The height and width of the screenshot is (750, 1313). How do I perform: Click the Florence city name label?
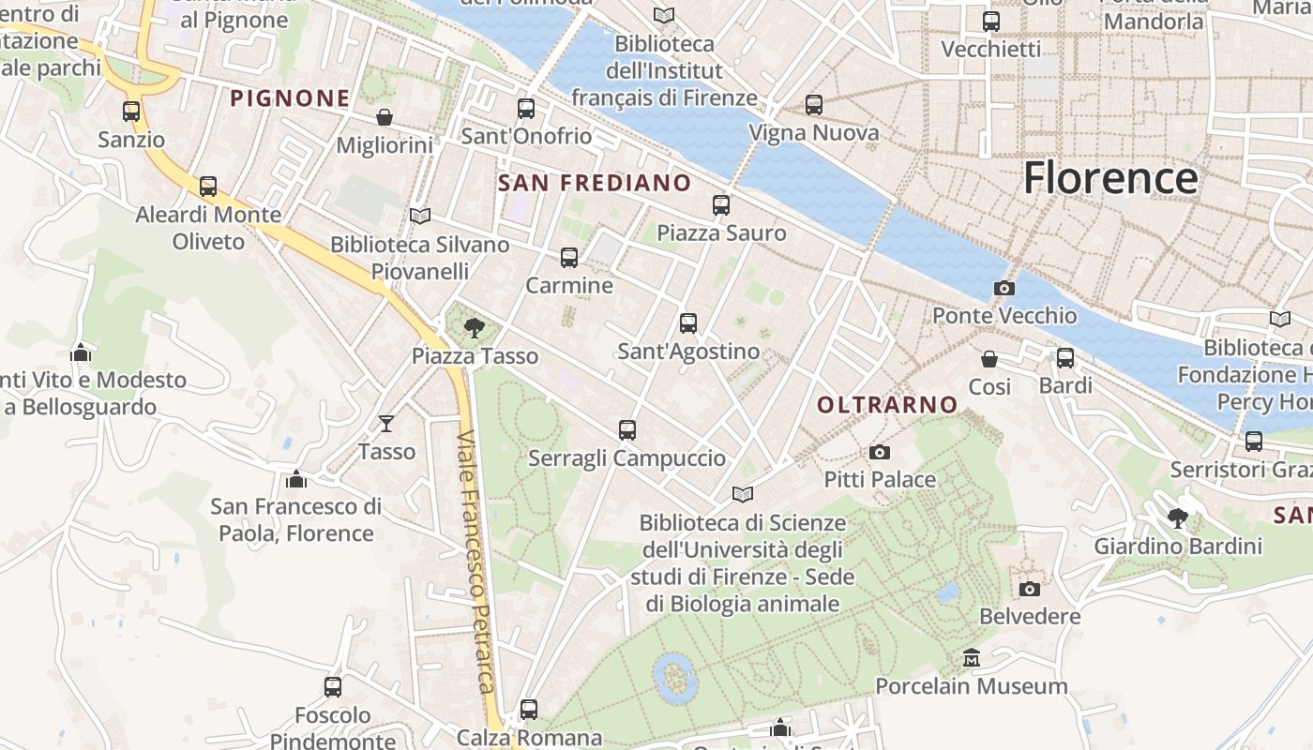pyautogui.click(x=1110, y=178)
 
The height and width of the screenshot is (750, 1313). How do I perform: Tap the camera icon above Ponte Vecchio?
pyautogui.click(x=1004, y=288)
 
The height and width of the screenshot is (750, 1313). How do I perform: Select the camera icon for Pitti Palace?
pyautogui.click(x=879, y=452)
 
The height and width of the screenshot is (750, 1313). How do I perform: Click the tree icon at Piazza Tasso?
pyautogui.click(x=475, y=328)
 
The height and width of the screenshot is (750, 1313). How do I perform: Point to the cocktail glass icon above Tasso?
pyautogui.click(x=385, y=424)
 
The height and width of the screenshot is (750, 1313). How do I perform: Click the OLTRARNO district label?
pyautogui.click(x=887, y=405)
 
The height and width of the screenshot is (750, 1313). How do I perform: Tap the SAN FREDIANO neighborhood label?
pyautogui.click(x=595, y=183)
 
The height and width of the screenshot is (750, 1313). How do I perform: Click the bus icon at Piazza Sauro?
pyautogui.click(x=720, y=204)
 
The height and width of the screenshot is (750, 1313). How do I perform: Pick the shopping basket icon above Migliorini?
pyautogui.click(x=385, y=117)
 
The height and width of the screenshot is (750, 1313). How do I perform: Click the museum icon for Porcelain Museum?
pyautogui.click(x=971, y=658)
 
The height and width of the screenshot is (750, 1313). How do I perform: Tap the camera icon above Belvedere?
pyautogui.click(x=1030, y=589)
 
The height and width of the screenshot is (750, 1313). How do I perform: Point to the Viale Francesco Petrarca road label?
pyautogui.click(x=476, y=562)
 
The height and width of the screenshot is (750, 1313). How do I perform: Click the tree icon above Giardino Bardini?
pyautogui.click(x=1178, y=517)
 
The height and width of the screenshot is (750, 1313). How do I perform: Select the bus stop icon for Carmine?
pyautogui.click(x=568, y=258)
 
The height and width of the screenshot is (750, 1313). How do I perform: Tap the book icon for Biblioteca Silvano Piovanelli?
pyautogui.click(x=420, y=217)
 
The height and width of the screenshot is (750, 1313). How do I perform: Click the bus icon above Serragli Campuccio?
pyautogui.click(x=627, y=430)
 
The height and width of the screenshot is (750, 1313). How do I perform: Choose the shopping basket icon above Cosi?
pyautogui.click(x=989, y=359)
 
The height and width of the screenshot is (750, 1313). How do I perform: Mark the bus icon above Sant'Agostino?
pyautogui.click(x=688, y=323)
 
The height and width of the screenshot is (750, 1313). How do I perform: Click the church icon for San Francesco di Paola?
pyautogui.click(x=296, y=479)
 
